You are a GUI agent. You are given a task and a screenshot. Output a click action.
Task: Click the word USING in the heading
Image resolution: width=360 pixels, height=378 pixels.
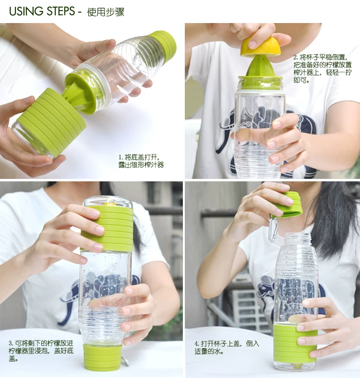click(x=26, y=12)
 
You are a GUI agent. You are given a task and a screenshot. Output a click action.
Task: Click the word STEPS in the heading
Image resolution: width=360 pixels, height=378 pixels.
click(x=60, y=12)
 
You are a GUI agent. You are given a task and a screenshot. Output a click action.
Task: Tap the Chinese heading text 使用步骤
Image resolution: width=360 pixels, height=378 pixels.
click(x=106, y=12)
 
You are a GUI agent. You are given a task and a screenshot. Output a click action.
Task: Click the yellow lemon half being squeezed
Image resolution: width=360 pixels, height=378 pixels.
click(x=261, y=46)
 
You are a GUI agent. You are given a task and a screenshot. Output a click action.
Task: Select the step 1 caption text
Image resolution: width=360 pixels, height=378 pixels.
click(x=141, y=161)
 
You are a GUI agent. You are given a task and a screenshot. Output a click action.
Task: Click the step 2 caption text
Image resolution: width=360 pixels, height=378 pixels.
click(x=323, y=69)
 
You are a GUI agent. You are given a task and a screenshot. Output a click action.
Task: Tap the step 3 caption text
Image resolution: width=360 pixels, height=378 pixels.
click(x=41, y=351)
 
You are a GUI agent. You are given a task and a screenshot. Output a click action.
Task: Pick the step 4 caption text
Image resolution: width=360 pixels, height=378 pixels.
click(x=227, y=347)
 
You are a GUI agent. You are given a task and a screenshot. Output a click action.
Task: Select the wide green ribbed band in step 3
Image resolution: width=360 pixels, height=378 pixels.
click(x=107, y=228)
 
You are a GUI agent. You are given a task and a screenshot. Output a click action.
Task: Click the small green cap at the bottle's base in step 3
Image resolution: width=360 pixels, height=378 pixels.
click(x=102, y=357)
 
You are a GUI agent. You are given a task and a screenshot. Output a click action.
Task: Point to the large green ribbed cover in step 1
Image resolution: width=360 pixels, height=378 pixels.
click(x=50, y=120)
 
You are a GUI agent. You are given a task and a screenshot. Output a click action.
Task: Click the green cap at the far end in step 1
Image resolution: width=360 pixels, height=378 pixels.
click(x=163, y=43)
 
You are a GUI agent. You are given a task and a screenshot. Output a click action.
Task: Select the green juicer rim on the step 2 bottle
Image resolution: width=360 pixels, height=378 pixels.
click(x=260, y=82)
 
